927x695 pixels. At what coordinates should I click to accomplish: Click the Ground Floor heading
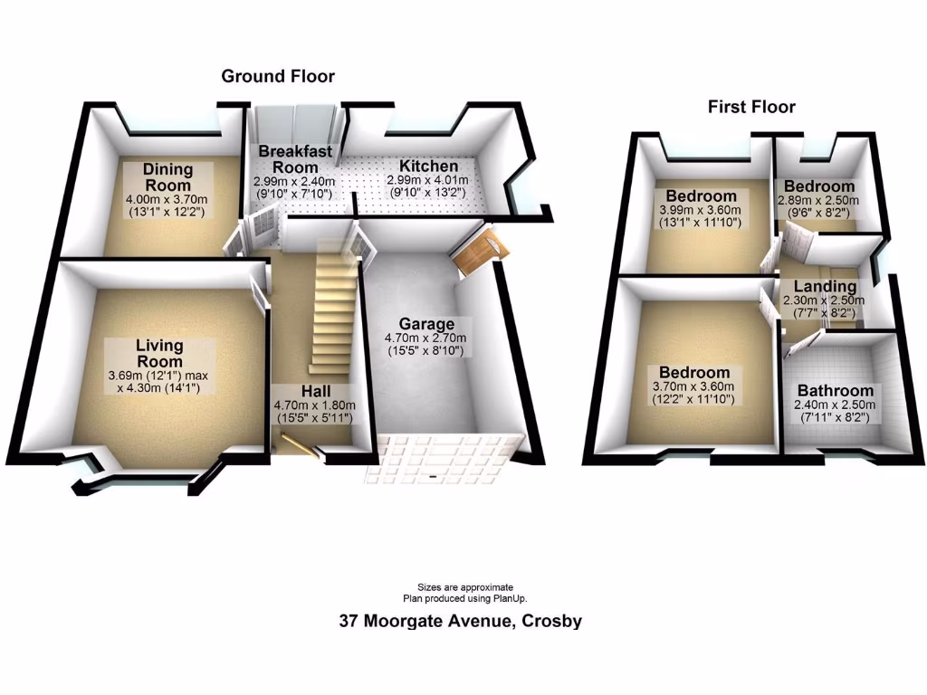278,77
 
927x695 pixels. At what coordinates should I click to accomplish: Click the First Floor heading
751,108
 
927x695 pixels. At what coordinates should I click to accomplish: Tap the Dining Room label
168,177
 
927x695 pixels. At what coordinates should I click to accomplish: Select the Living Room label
159,354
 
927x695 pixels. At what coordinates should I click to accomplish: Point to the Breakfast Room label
295,159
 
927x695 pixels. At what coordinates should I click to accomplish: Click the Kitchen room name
429,167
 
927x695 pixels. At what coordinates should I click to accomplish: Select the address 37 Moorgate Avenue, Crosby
461,622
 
